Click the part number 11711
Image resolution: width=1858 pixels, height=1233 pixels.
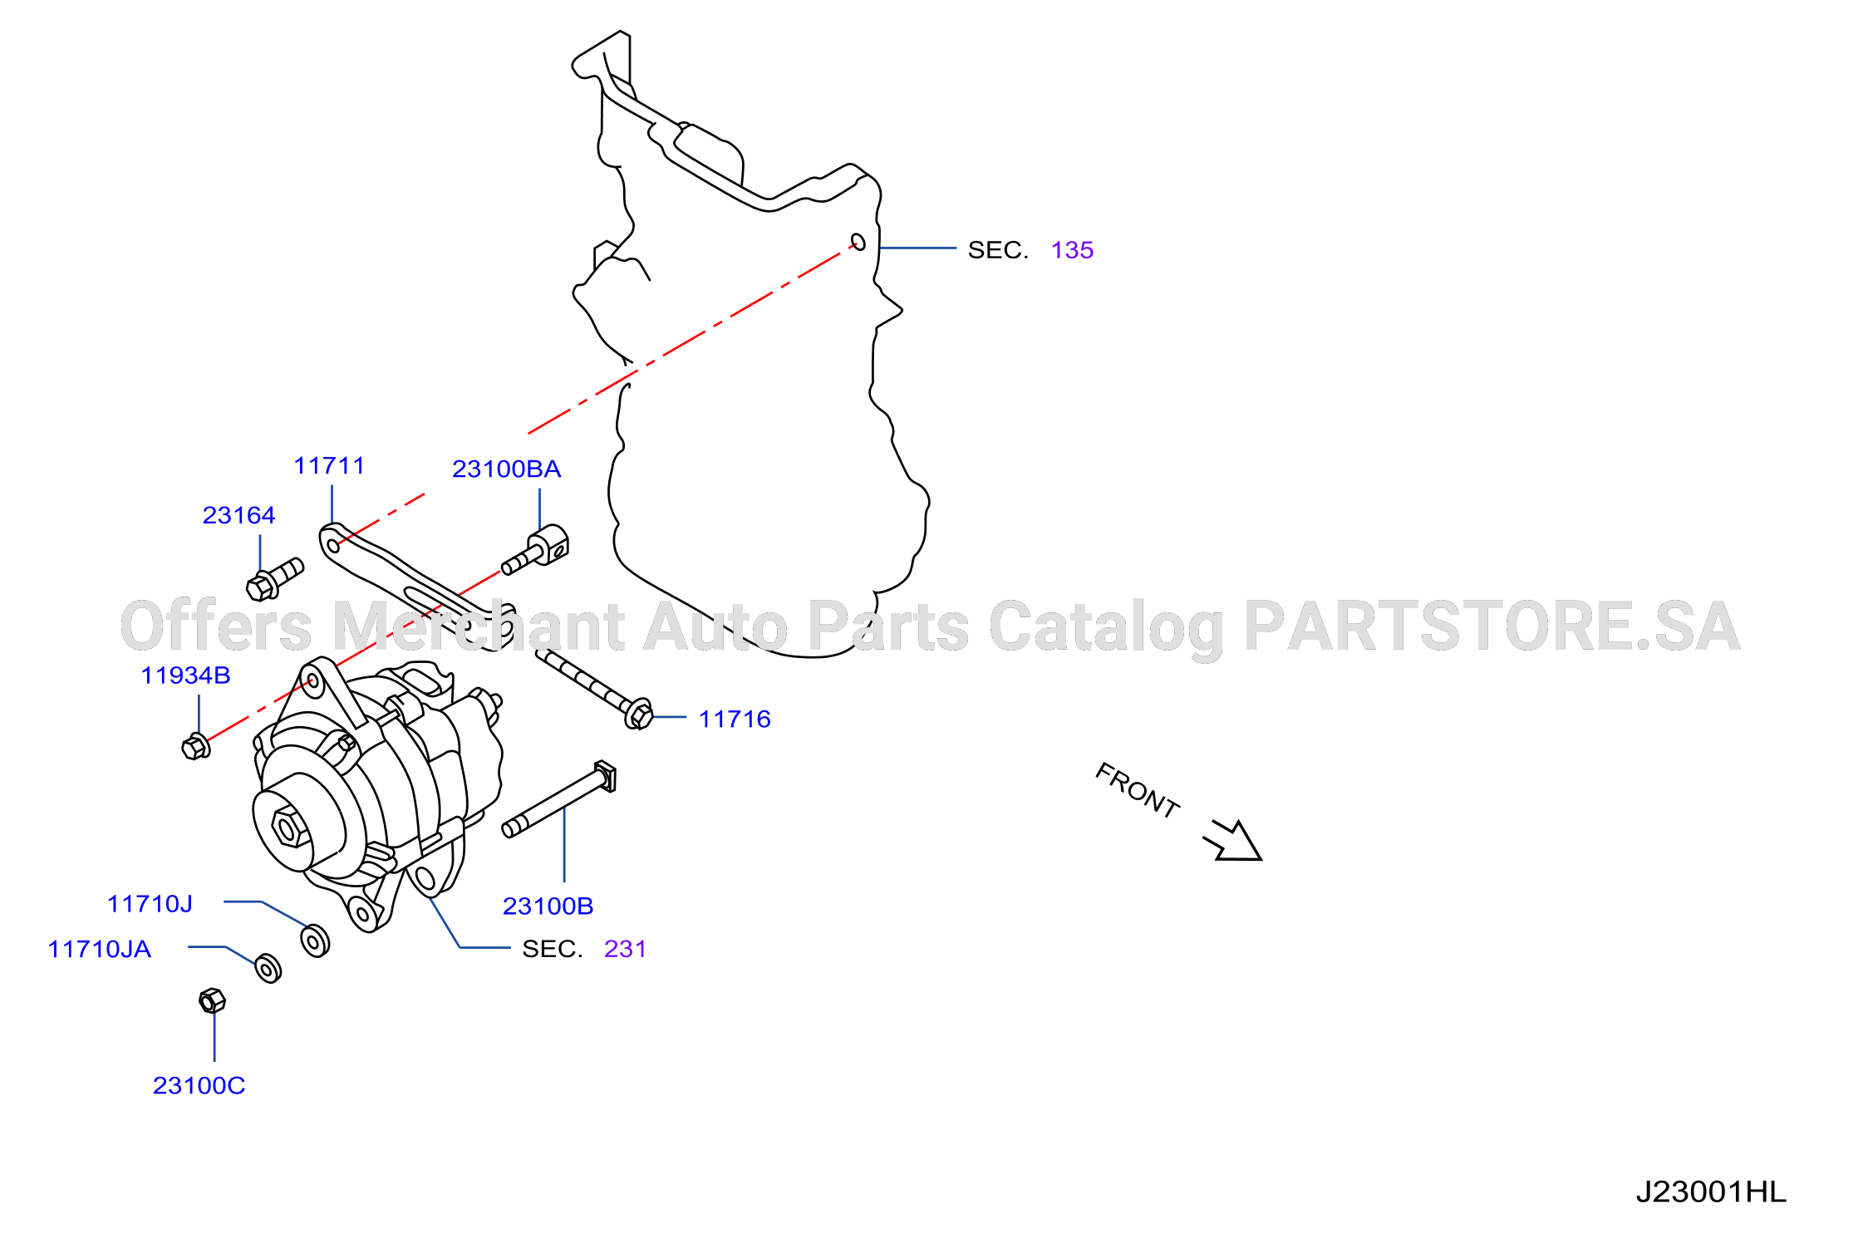point(329,465)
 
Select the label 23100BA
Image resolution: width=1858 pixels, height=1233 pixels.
point(506,469)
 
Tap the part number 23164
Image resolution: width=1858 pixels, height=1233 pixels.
point(238,515)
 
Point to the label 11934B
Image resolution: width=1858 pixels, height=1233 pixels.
point(185,675)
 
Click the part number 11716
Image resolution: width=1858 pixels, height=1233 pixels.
point(735,720)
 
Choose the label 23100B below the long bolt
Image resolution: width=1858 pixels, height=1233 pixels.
point(548,906)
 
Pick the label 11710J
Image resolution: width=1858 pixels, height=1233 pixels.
point(150,904)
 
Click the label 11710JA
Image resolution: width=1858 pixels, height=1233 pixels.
point(99,949)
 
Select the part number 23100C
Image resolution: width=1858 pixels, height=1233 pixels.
point(199,1086)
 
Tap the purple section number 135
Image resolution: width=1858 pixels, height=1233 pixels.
point(1072,250)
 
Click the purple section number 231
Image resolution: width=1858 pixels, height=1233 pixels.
point(625,949)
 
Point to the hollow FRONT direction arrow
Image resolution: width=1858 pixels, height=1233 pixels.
point(1234,841)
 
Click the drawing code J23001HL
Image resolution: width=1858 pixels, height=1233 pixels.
point(1711,1192)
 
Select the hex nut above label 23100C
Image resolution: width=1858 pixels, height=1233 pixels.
point(212,1000)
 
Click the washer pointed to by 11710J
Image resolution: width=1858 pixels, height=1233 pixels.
point(315,941)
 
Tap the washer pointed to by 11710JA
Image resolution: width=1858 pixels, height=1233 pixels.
point(268,968)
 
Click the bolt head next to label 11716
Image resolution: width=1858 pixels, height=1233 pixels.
point(638,714)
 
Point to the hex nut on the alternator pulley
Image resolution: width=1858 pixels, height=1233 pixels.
point(290,827)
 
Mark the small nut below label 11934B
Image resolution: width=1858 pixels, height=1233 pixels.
point(195,746)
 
